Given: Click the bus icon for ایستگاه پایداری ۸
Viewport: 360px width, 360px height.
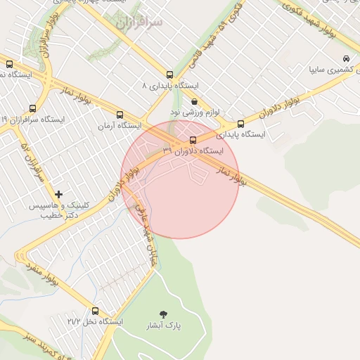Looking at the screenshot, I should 169,75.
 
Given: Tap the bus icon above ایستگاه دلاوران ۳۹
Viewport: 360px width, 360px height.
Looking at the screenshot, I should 193,139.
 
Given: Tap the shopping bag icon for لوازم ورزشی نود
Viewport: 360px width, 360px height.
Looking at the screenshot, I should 194,101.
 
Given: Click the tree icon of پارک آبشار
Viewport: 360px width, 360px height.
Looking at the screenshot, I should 164,314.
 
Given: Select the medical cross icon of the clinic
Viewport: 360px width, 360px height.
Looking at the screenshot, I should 58,193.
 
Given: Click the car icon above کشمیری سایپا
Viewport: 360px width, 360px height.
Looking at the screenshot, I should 345,58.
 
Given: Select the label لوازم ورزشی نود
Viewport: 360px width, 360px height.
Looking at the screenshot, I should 195,112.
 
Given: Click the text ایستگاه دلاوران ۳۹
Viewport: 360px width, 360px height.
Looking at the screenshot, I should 193,150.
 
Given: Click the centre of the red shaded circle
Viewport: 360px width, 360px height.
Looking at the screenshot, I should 180,179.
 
